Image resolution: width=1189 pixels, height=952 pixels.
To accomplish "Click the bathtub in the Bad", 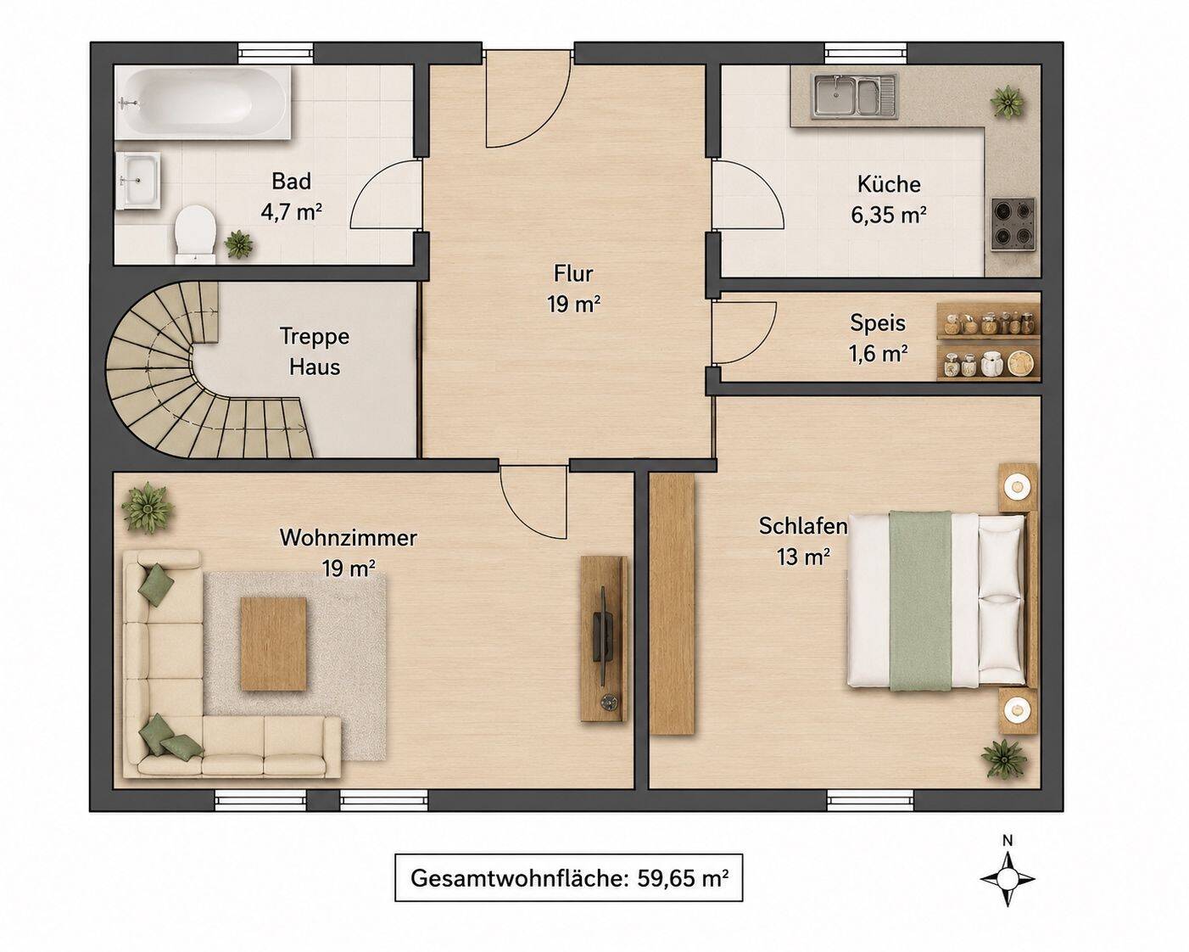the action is click(203, 103).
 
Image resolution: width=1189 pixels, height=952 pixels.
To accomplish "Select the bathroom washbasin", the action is click(137, 180).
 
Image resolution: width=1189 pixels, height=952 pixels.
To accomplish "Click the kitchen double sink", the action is click(854, 98).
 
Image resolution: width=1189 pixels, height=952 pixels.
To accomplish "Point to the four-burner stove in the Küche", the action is click(1013, 223).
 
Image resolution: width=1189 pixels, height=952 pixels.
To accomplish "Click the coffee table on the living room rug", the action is click(273, 643).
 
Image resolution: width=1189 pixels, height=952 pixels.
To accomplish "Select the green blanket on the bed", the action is click(920, 601).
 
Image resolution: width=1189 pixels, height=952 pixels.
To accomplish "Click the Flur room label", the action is click(574, 288).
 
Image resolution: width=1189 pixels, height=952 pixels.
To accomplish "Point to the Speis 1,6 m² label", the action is click(878, 337).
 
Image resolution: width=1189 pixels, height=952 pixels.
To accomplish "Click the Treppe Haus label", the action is click(315, 351).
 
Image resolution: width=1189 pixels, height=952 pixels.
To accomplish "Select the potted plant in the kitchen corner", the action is click(1007, 102).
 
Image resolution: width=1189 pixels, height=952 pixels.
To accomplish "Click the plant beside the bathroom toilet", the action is click(238, 244).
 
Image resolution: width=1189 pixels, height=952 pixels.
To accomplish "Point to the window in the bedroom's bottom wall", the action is click(870, 800).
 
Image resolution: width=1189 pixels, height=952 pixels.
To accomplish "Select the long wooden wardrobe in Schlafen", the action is click(672, 604).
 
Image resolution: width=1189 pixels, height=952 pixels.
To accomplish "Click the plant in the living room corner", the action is click(147, 507).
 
